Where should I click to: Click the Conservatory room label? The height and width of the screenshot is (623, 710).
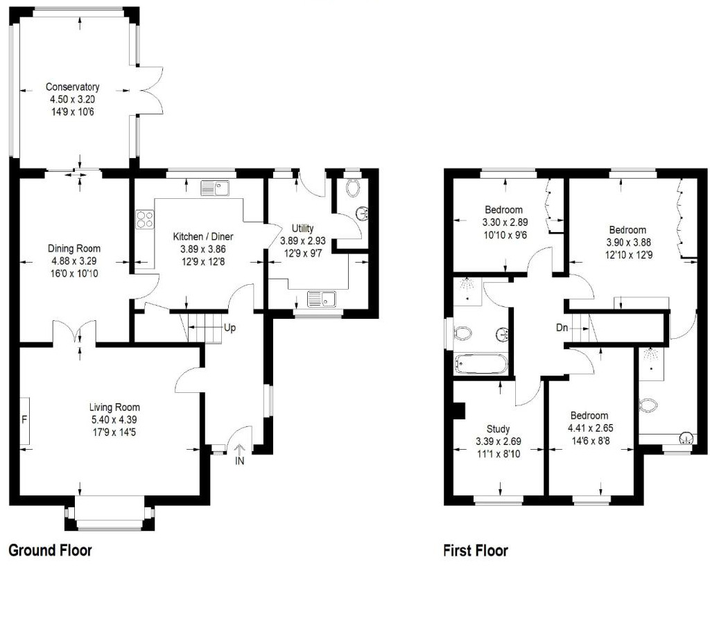(72, 87)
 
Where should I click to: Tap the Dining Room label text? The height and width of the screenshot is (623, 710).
(73, 249)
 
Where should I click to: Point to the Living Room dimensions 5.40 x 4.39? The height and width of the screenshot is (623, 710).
(114, 419)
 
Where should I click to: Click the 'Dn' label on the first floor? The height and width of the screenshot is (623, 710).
(563, 328)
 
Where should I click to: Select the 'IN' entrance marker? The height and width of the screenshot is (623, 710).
(240, 460)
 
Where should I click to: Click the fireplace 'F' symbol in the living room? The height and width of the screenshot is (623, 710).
(24, 420)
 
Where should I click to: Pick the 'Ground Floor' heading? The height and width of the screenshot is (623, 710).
(50, 551)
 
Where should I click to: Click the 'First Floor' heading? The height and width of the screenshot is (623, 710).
(476, 551)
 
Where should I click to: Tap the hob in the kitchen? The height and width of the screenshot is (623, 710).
(146, 220)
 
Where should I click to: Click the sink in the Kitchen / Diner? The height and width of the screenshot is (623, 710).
(215, 188)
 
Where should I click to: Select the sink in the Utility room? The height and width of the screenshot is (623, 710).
(322, 299)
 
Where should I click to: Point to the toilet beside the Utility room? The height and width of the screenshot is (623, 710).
(352, 186)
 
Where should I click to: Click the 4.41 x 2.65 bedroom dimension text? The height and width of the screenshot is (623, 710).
(590, 428)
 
